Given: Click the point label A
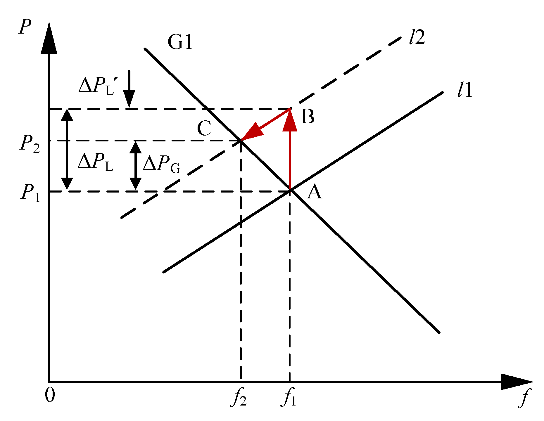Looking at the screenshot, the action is tap(315, 193).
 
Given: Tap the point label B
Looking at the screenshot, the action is tap(308, 117).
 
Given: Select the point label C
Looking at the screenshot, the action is tap(204, 128).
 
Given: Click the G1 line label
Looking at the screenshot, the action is tap(180, 42).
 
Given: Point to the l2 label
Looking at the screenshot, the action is tap(417, 38).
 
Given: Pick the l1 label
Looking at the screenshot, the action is tap(465, 90).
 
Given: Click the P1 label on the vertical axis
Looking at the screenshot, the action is tap(30, 193).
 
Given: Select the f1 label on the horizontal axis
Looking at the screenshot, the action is tap(289, 398).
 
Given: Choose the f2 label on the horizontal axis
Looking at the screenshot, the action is tap(239, 398).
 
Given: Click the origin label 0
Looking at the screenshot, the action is tap(50, 396).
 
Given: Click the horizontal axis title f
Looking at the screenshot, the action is tap(524, 398).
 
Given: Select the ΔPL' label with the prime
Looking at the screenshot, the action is tap(98, 86).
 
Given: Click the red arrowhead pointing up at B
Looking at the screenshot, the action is tap(290, 121).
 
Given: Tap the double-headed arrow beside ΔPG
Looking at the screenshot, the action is tap(135, 165).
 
